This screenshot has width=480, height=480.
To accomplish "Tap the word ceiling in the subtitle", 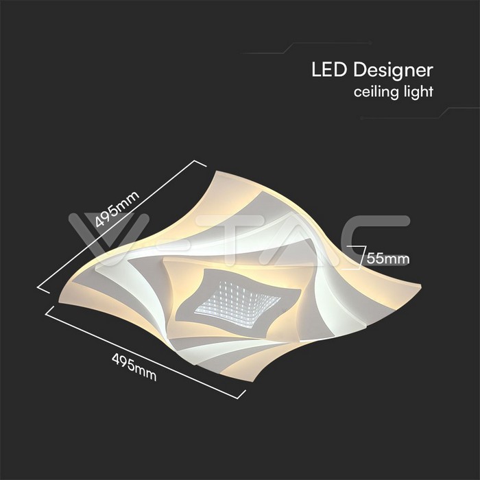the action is (x=376, y=92).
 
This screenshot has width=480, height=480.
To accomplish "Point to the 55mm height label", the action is (x=388, y=259).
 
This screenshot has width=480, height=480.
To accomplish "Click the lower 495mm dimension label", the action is (x=134, y=367).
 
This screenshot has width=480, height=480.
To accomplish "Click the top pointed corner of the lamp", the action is (x=216, y=171).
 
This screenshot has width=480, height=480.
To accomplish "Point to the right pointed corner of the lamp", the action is (x=421, y=286).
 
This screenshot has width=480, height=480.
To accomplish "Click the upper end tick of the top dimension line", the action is (x=200, y=164).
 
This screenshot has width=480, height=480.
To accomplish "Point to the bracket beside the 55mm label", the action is (x=359, y=257).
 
